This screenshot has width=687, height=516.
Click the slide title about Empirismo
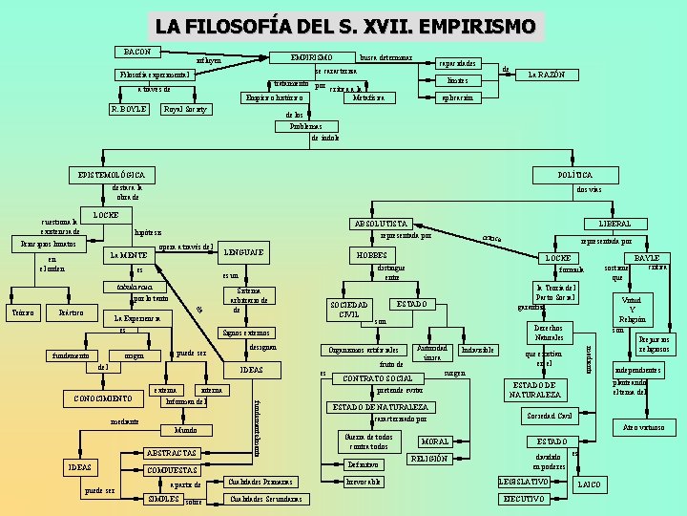click(x=345, y=25)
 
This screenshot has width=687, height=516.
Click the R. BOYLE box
click(x=128, y=109)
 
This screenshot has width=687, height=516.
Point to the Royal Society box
click(x=185, y=109)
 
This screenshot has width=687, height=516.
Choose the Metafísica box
click(x=368, y=97)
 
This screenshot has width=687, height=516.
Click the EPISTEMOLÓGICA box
click(x=113, y=175)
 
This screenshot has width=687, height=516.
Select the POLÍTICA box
click(x=574, y=175)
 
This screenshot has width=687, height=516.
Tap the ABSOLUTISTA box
click(x=381, y=224)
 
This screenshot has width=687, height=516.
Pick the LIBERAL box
click(x=614, y=224)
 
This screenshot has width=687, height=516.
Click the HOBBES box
click(x=371, y=256)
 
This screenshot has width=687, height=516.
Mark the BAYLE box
click(x=647, y=258)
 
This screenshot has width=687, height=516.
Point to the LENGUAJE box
click(x=242, y=252)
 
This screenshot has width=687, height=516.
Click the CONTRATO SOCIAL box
click(x=377, y=378)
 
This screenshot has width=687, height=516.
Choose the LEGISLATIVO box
click(x=524, y=481)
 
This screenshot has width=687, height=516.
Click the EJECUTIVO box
click(x=524, y=500)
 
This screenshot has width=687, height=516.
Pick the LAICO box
click(x=589, y=485)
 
